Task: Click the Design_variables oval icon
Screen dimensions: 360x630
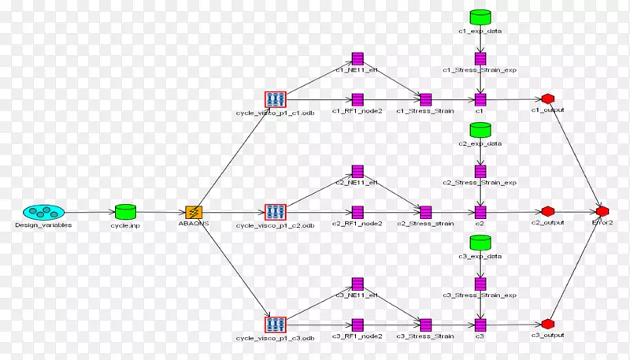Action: click(x=43, y=212)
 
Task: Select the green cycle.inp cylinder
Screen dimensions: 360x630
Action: click(x=125, y=212)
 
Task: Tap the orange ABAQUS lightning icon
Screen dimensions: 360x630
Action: click(x=194, y=212)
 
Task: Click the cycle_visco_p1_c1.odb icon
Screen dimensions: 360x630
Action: click(x=276, y=99)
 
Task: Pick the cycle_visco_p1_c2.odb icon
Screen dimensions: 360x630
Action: click(x=276, y=212)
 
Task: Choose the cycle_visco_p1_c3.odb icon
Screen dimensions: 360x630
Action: click(x=276, y=324)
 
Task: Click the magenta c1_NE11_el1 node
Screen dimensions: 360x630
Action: click(x=357, y=59)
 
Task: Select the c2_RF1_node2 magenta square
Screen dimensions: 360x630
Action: click(x=357, y=212)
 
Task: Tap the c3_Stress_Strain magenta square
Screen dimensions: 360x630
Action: click(x=425, y=324)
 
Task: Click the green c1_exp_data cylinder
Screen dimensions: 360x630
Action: click(x=480, y=17)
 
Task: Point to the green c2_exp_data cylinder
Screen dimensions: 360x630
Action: click(x=480, y=129)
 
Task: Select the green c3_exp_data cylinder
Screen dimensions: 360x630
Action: click(x=480, y=241)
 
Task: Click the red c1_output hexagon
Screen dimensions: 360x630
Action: click(x=547, y=99)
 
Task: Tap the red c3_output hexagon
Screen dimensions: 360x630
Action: click(x=547, y=324)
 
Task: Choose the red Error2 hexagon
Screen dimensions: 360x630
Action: click(x=602, y=212)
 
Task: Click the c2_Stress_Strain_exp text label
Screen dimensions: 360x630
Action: click(x=480, y=183)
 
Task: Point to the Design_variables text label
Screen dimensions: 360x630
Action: click(x=43, y=225)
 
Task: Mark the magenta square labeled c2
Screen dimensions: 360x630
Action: click(x=480, y=212)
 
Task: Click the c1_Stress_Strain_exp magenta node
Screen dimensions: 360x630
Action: click(x=480, y=58)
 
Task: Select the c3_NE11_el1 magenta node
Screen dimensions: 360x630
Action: click(x=357, y=284)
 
